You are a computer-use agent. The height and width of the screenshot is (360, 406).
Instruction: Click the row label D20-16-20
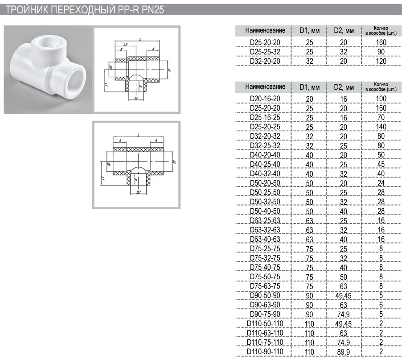click(265, 99)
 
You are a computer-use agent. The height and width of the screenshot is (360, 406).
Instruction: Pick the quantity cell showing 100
click(381, 99)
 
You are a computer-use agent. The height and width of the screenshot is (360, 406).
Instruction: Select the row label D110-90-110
click(265, 352)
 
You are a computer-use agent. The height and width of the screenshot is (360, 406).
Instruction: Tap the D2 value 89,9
click(344, 352)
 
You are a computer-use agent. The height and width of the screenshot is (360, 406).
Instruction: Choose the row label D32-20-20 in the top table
click(265, 61)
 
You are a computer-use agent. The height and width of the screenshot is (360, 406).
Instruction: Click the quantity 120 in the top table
click(381, 61)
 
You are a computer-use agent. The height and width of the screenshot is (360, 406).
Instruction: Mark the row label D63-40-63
click(265, 239)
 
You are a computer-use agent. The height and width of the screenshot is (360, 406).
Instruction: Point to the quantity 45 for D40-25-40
click(381, 164)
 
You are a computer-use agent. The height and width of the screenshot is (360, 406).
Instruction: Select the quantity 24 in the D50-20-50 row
click(381, 183)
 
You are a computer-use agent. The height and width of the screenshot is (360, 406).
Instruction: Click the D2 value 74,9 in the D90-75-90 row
click(344, 314)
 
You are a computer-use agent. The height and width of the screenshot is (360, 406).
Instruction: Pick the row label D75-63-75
click(265, 286)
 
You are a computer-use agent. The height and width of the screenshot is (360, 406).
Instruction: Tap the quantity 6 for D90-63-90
click(381, 305)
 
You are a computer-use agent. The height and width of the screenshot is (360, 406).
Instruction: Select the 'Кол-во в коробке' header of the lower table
click(381, 87)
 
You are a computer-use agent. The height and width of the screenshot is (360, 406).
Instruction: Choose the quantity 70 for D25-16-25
click(381, 117)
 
